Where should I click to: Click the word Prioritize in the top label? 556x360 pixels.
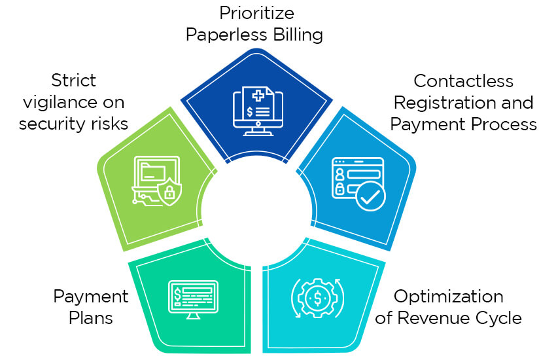256,13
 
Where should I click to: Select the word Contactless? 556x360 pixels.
464,81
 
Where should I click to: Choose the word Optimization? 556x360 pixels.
449,297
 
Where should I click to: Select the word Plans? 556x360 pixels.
91,318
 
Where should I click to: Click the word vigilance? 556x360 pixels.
61,103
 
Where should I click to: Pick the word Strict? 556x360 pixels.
74,81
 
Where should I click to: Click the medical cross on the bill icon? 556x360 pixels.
258,96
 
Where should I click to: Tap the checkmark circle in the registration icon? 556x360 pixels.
370,196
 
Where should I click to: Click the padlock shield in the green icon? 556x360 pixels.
169,192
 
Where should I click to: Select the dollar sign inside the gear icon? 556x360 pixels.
318,298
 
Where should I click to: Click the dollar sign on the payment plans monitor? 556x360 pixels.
177,294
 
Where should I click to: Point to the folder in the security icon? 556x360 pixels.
153,171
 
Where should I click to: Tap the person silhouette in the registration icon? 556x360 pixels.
339,174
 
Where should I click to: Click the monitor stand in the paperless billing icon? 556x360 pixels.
258,131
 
